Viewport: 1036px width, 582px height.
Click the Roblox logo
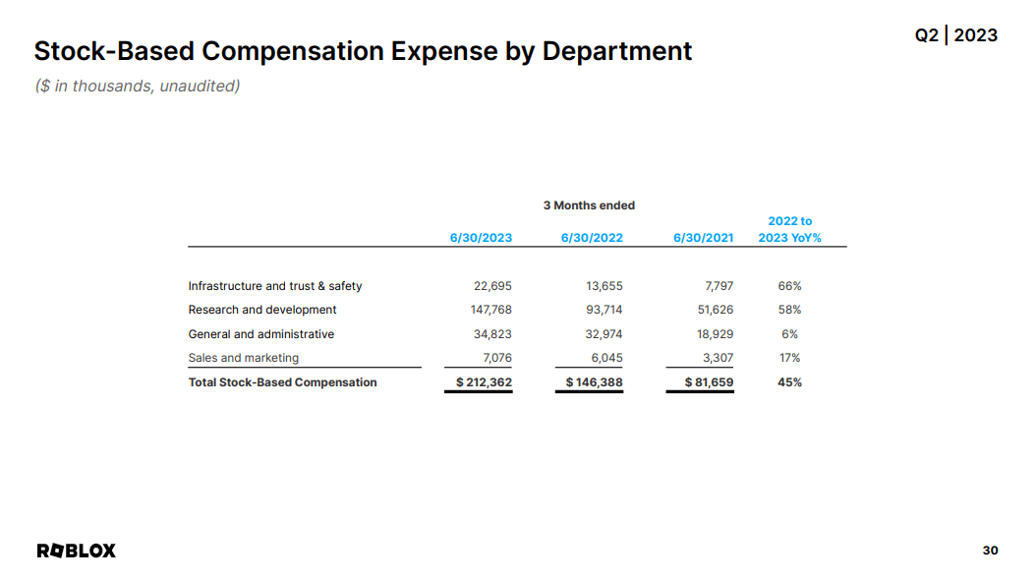click(76, 551)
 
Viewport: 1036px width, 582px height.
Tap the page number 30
click(990, 551)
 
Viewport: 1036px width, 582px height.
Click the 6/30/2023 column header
click(481, 238)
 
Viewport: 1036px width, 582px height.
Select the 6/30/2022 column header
click(592, 238)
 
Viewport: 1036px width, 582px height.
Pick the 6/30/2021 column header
click(703, 238)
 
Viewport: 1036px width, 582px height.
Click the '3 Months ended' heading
click(589, 205)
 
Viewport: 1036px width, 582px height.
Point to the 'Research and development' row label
click(262, 310)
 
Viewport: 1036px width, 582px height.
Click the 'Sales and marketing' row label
click(243, 358)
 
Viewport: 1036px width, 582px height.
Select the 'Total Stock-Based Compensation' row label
click(282, 382)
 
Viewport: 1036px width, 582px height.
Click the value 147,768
click(490, 310)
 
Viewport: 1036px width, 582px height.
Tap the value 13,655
click(604, 286)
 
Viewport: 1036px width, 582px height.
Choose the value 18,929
click(715, 334)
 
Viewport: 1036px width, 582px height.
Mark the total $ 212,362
click(484, 382)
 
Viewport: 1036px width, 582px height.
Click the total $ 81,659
click(709, 382)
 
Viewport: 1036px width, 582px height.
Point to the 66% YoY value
click(789, 286)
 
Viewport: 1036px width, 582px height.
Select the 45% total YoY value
click(789, 382)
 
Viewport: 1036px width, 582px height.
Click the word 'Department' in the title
click(617, 51)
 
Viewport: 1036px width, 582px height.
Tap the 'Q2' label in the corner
click(926, 35)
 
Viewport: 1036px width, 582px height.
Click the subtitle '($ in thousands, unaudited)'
click(138, 86)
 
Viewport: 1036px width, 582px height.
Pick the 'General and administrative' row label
click(261, 334)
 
